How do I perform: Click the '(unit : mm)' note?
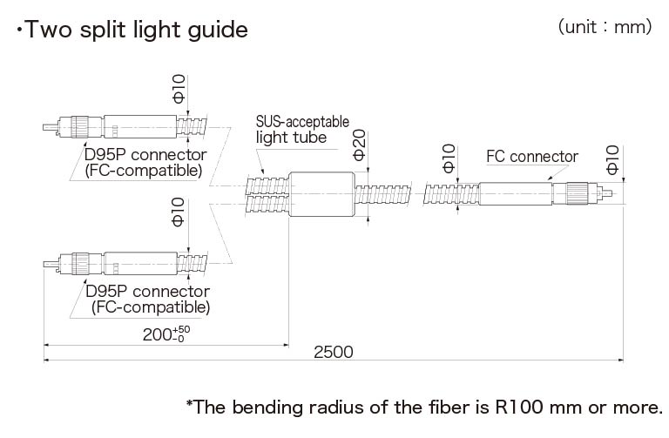click(605, 27)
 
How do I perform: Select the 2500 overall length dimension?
click(333, 352)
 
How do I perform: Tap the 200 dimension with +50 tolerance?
click(166, 334)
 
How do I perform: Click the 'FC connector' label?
click(531, 157)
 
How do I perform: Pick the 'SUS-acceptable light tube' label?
click(302, 129)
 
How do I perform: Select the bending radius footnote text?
click(424, 407)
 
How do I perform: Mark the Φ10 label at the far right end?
click(612, 160)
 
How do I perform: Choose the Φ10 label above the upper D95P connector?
click(179, 90)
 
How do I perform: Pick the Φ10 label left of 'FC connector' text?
click(448, 160)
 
